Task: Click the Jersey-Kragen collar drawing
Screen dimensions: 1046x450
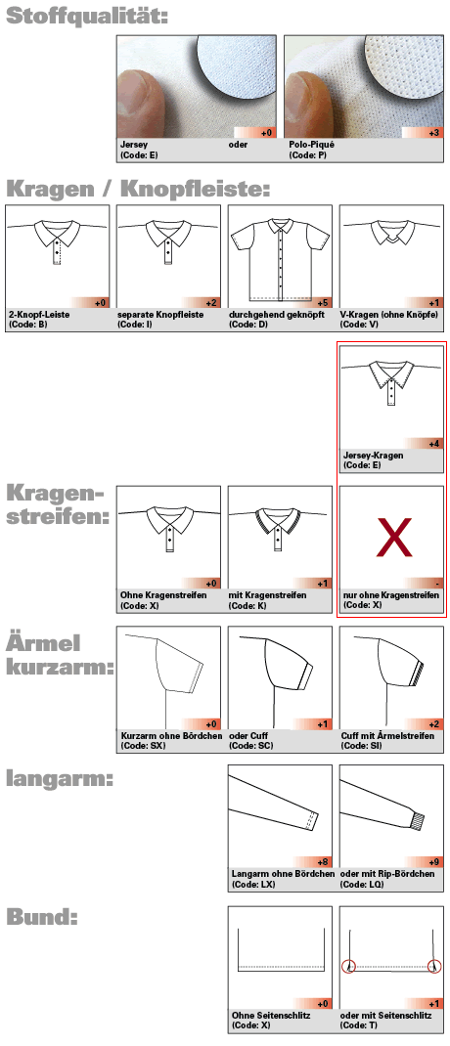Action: point(391,390)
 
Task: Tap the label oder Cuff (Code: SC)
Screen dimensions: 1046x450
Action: point(252,741)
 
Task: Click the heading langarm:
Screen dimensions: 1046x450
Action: point(58,779)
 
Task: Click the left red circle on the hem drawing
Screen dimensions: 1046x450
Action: point(347,967)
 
